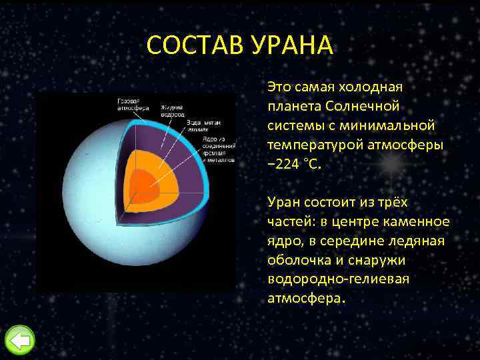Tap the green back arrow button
point(19,341)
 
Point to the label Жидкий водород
point(172,111)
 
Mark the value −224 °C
point(293,163)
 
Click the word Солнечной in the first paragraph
point(363,106)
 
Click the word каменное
point(420,221)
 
